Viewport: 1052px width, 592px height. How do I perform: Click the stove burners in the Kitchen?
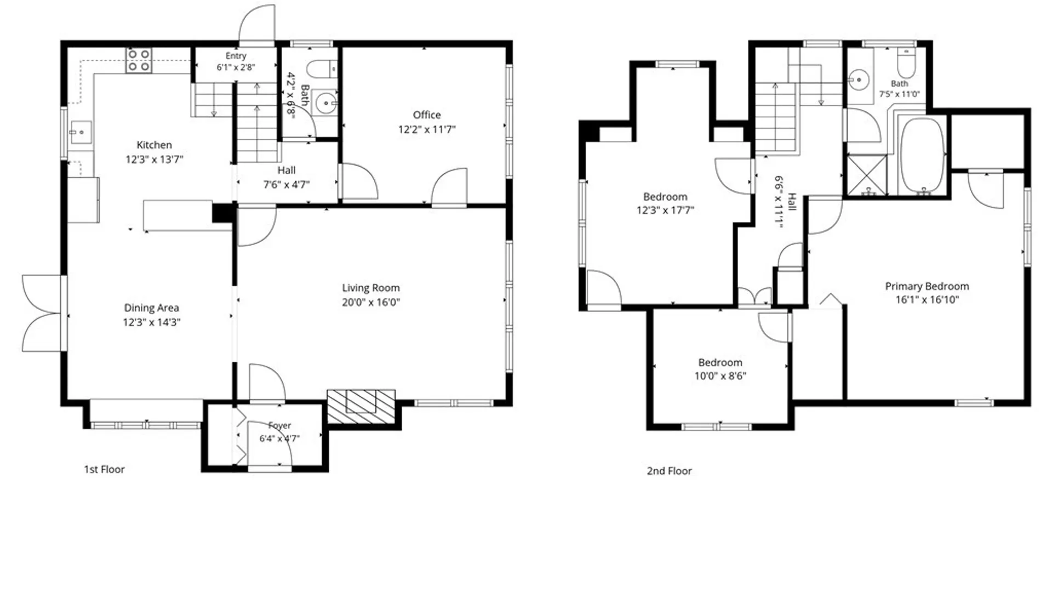pyautogui.click(x=139, y=60)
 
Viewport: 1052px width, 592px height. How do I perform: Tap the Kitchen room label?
pyautogui.click(x=154, y=145)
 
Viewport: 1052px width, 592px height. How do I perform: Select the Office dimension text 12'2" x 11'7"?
pyautogui.click(x=427, y=129)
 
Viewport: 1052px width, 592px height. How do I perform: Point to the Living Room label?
pyautogui.click(x=371, y=288)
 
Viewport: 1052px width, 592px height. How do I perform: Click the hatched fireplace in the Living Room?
pyautogui.click(x=361, y=406)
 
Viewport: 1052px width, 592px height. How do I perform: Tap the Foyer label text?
pyautogui.click(x=279, y=425)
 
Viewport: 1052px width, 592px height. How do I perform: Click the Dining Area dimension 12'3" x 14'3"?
pyautogui.click(x=152, y=322)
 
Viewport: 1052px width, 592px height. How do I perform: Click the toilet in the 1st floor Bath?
pyautogui.click(x=321, y=70)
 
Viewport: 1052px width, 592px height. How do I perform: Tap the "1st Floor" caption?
pyautogui.click(x=104, y=469)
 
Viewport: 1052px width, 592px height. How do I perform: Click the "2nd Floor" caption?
pyautogui.click(x=669, y=471)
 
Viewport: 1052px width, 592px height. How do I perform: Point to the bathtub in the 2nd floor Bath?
pyautogui.click(x=923, y=155)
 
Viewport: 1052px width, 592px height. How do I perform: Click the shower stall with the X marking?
pyautogui.click(x=867, y=175)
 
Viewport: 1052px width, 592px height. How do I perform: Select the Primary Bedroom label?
pyautogui.click(x=927, y=286)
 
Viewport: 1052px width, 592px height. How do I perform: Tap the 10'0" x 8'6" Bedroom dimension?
pyautogui.click(x=721, y=376)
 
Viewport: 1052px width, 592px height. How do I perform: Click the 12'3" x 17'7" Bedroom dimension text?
pyautogui.click(x=665, y=210)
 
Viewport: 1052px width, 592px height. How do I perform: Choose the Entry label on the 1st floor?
pyautogui.click(x=236, y=56)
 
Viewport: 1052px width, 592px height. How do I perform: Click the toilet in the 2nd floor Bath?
pyautogui.click(x=906, y=63)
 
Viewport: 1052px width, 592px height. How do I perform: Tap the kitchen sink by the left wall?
pyautogui.click(x=79, y=132)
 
